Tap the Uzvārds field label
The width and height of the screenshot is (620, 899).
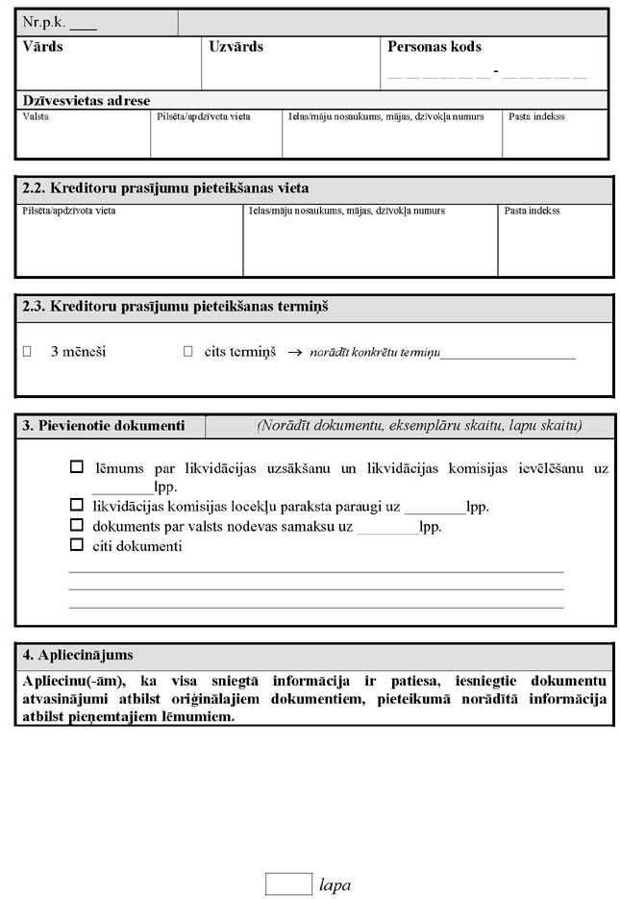(236, 47)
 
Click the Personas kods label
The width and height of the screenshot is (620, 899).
(434, 47)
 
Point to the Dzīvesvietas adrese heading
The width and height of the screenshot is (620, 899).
(86, 100)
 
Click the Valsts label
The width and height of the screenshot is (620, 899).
(36, 117)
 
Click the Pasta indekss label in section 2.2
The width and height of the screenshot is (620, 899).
(532, 211)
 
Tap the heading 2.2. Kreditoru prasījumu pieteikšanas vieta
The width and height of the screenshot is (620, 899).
(164, 187)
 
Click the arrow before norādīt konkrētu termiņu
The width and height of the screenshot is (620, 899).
(295, 353)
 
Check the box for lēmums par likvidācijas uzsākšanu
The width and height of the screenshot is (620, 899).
(77, 467)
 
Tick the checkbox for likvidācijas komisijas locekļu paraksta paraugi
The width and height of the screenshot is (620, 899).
(77, 505)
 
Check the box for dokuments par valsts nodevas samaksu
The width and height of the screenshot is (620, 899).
(77, 525)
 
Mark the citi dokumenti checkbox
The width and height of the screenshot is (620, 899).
(77, 545)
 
